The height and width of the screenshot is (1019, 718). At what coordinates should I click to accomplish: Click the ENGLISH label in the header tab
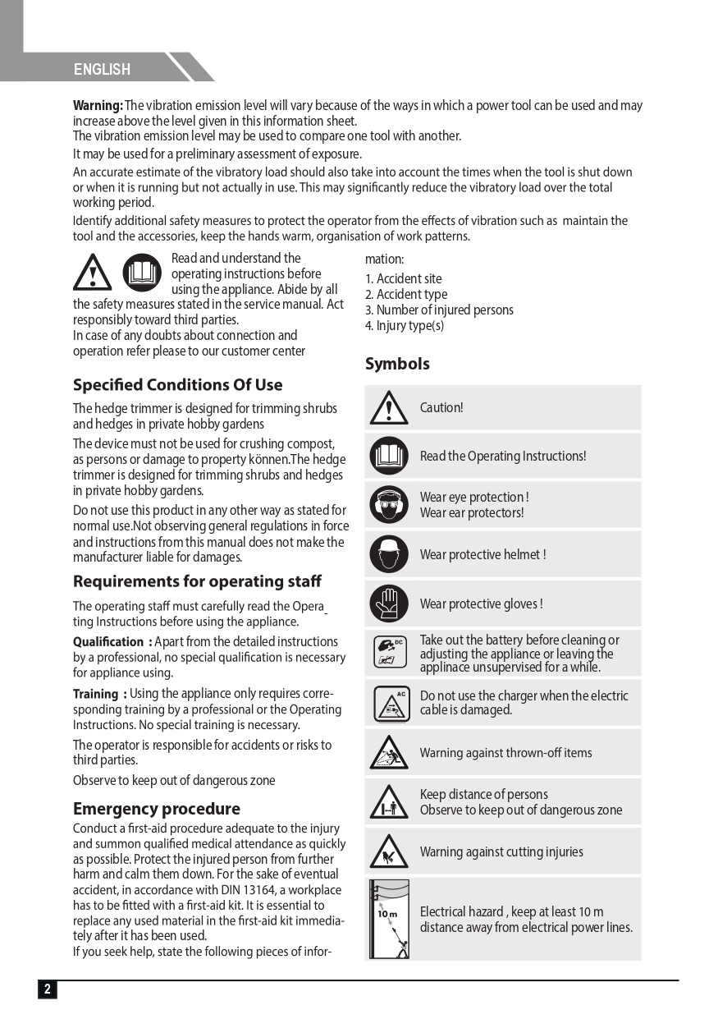tap(102, 70)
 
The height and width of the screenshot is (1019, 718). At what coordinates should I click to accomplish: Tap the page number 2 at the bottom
tap(47, 989)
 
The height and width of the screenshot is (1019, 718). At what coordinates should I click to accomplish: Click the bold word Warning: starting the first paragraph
tap(98, 106)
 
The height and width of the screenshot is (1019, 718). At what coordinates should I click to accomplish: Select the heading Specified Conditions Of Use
tap(177, 385)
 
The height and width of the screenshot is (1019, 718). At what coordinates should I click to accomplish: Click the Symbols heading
tap(397, 364)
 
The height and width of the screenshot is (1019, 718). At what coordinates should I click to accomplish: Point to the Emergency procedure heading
tap(156, 809)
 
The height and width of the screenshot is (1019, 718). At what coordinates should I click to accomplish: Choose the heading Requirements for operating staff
tap(197, 581)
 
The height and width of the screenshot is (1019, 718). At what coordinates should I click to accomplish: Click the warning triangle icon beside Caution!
tap(388, 408)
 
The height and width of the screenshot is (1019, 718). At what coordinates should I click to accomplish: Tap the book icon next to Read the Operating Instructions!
tap(388, 457)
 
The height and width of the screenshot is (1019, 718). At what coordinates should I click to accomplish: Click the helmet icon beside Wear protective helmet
tap(388, 554)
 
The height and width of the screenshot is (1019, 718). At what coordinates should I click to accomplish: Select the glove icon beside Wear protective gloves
tap(388, 604)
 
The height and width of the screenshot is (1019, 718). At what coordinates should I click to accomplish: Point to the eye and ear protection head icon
tap(388, 505)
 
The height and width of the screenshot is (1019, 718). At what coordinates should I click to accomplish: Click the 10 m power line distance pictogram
tap(389, 919)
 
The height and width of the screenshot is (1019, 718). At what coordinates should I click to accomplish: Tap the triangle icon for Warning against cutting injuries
tap(388, 851)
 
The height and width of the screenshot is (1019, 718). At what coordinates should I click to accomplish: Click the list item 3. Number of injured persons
tap(439, 310)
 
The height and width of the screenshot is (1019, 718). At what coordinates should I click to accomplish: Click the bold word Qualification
tap(108, 642)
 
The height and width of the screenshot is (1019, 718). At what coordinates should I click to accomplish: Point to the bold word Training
tap(95, 694)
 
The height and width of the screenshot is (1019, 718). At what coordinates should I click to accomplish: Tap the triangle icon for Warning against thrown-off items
tap(388, 753)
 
